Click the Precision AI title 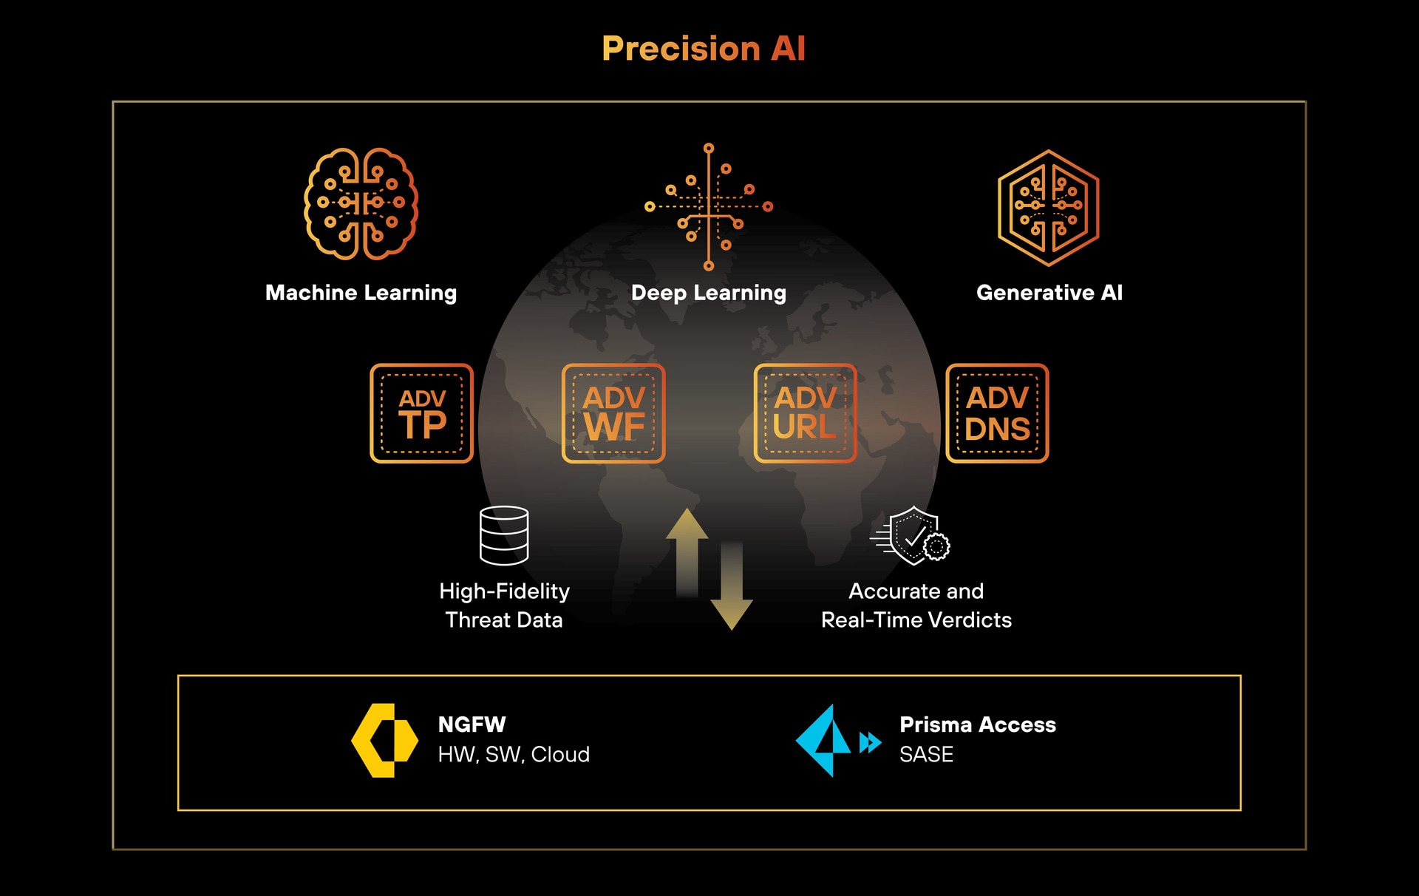[x=703, y=49]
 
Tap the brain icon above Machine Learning [x=361, y=204]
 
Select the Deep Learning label [x=708, y=293]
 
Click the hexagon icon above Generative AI [x=1048, y=207]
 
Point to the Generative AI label [x=1049, y=293]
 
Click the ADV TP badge [x=421, y=413]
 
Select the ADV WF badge [x=613, y=413]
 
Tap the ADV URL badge [x=805, y=413]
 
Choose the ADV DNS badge [x=997, y=413]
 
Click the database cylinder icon [x=504, y=535]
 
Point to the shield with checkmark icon [x=913, y=536]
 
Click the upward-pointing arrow [x=687, y=551]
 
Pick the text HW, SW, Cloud [x=514, y=755]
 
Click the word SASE [x=926, y=755]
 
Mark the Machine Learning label [x=361, y=293]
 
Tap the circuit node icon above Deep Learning [x=708, y=207]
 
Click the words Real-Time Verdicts [x=916, y=620]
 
